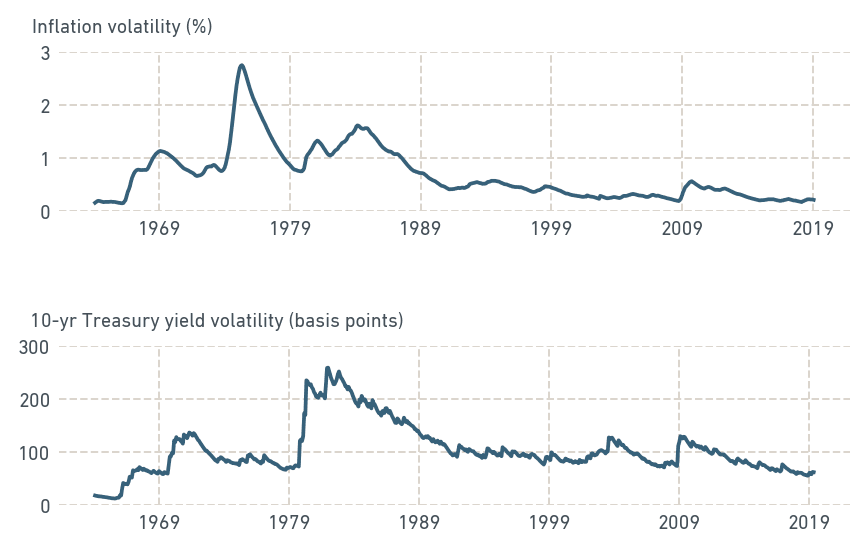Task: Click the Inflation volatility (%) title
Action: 122,26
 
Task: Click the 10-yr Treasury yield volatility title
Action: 217,321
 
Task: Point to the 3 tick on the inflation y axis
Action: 45,52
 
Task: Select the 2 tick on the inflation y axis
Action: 45,105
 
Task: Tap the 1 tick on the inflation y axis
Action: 45,158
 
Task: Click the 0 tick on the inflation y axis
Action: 45,211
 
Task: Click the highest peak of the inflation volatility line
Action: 242,66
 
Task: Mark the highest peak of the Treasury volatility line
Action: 328,367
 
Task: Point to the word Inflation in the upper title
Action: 66,26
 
